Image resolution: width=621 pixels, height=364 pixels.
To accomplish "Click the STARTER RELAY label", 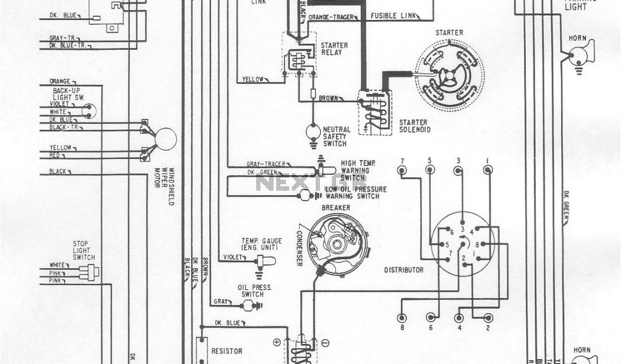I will click(334, 49).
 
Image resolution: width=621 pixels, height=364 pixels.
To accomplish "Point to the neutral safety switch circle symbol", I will click(313, 130).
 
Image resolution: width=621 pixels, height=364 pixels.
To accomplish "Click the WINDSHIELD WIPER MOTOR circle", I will click(166, 139).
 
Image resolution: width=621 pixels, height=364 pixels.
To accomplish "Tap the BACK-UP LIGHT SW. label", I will click(67, 94).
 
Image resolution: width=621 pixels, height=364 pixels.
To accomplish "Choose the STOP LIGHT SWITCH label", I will click(84, 250).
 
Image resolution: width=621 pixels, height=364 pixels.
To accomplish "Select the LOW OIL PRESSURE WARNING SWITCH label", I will click(355, 193).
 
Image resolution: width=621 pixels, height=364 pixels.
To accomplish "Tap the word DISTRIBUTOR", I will click(404, 270).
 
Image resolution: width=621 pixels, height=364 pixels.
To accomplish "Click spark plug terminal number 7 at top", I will click(401, 170).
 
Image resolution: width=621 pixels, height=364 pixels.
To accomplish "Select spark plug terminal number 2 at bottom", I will click(488, 317).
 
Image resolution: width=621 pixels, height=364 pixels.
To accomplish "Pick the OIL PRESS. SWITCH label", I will click(255, 291).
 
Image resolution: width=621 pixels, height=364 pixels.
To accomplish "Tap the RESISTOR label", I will click(227, 351).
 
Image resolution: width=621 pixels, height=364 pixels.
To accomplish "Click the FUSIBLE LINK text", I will click(394, 15).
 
